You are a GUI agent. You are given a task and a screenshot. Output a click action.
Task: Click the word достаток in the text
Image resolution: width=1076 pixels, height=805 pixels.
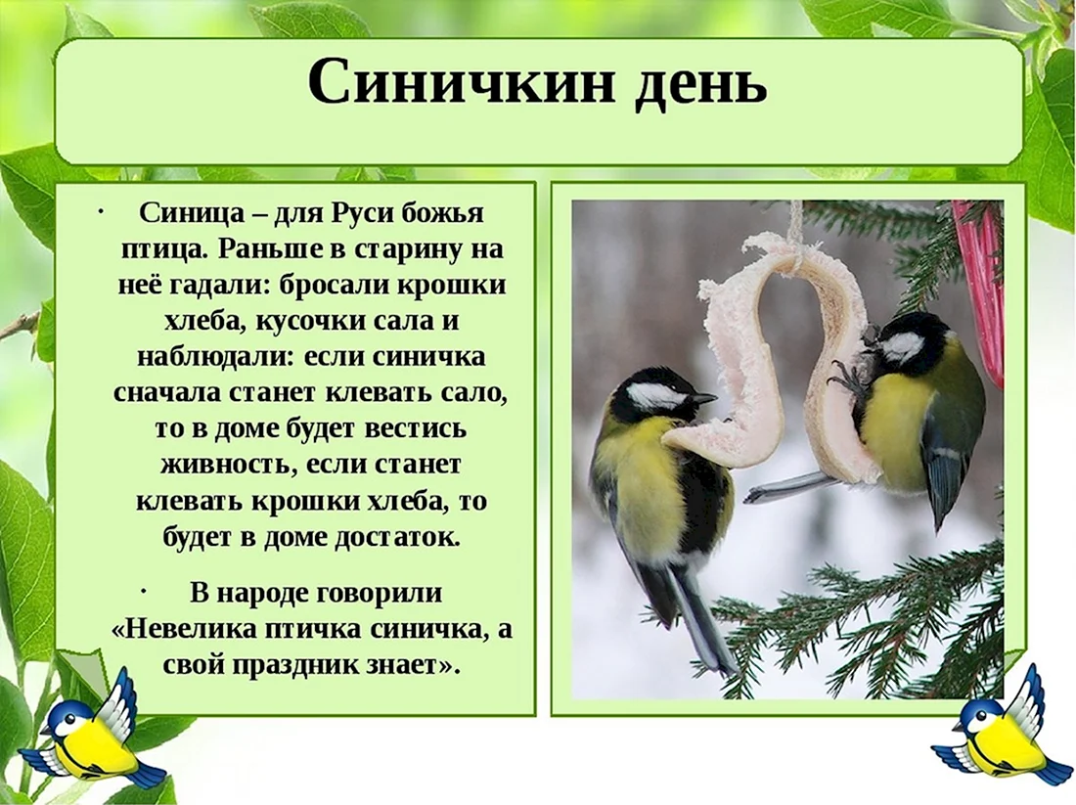click(x=396, y=537)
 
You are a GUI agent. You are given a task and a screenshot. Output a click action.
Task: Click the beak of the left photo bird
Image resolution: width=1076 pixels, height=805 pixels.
click(x=704, y=398)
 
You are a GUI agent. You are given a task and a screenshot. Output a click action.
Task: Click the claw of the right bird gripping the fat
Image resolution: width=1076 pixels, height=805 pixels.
click(x=845, y=380)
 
